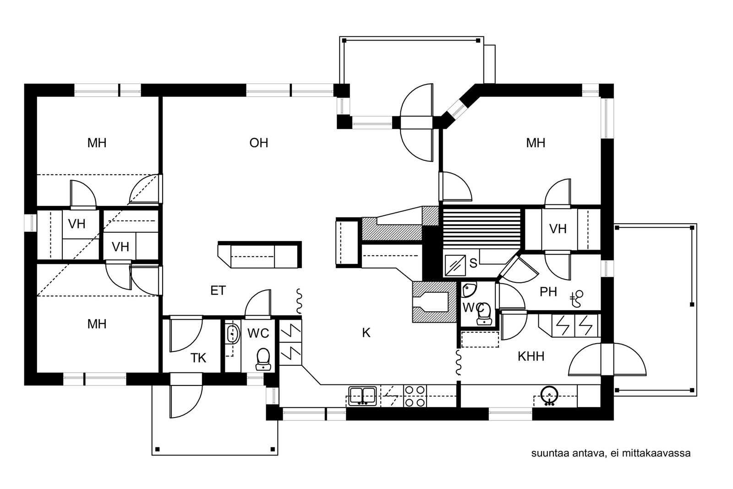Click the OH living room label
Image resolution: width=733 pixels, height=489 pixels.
(258, 143)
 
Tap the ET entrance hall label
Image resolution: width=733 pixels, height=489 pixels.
(218, 290)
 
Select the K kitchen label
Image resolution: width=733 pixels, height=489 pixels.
(366, 333)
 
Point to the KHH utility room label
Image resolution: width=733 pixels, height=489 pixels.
(531, 357)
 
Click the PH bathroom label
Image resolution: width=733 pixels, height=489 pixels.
(548, 291)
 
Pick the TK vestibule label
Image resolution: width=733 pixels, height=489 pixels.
(198, 358)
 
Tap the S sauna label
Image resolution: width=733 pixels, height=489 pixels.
(473, 263)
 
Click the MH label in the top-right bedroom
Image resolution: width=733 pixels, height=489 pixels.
(536, 143)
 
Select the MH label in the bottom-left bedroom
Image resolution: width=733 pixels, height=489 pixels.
(97, 324)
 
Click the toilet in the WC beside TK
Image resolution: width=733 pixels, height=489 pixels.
(263, 359)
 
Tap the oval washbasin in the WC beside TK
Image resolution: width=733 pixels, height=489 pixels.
(233, 334)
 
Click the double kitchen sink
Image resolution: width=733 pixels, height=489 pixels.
(362, 396)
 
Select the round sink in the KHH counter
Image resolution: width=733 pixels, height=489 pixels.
(549, 396)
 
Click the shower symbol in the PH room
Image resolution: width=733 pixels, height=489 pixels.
(577, 298)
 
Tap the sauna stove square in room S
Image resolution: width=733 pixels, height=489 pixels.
(455, 265)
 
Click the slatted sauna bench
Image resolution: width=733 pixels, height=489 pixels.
(481, 229)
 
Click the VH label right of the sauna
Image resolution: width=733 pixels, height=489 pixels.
(558, 229)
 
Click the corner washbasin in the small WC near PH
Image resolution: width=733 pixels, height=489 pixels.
(469, 289)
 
